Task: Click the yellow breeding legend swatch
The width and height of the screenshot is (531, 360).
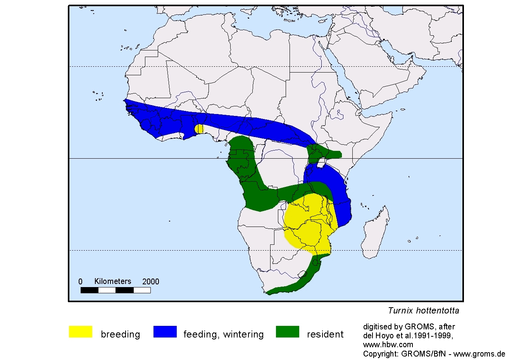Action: pyautogui.click(x=81, y=332)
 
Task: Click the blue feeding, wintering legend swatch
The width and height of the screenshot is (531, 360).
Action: pyautogui.click(x=165, y=332)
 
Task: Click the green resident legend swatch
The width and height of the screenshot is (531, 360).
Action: pyautogui.click(x=288, y=332)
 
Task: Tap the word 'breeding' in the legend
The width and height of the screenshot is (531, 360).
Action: pyautogui.click(x=120, y=334)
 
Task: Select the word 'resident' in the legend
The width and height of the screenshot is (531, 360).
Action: pyautogui.click(x=325, y=334)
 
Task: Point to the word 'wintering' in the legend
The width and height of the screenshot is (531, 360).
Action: pyautogui.click(x=243, y=334)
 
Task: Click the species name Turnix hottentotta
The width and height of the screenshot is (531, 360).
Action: pyautogui.click(x=423, y=311)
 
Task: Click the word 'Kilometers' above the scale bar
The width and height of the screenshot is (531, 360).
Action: pyautogui.click(x=113, y=282)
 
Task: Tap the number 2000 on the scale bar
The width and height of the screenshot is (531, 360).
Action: pyautogui.click(x=151, y=282)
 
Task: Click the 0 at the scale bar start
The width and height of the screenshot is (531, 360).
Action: pyautogui.click(x=81, y=282)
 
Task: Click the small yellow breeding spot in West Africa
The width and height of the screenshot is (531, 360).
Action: pyautogui.click(x=199, y=129)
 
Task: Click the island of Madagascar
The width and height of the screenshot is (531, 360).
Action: pyautogui.click(x=375, y=233)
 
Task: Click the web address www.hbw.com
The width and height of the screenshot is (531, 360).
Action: pyautogui.click(x=388, y=344)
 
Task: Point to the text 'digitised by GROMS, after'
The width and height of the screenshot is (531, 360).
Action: pyautogui.click(x=409, y=327)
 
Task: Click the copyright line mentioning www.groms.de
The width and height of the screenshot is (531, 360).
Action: pyautogui.click(x=434, y=354)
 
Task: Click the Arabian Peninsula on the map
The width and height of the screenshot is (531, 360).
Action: pyautogui.click(x=391, y=78)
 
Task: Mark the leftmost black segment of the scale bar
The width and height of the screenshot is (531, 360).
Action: pyautogui.click(x=89, y=290)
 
